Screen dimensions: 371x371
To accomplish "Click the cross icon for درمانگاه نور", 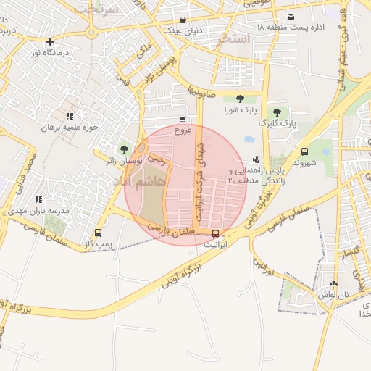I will tap(49, 41).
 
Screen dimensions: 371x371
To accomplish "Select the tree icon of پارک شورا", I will tap(240, 99).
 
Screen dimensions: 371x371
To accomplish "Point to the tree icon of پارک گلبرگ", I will tap(277, 112).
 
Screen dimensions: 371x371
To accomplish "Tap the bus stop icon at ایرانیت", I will tap(215, 233).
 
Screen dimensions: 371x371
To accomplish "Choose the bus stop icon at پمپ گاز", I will tap(98, 233).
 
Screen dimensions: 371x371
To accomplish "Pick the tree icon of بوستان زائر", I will tap(123, 149).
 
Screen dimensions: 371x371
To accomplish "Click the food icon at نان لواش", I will tap(333, 284).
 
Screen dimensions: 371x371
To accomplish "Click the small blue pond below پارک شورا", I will tap(249, 138).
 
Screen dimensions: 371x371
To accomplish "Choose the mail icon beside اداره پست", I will tap(291, 17).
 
